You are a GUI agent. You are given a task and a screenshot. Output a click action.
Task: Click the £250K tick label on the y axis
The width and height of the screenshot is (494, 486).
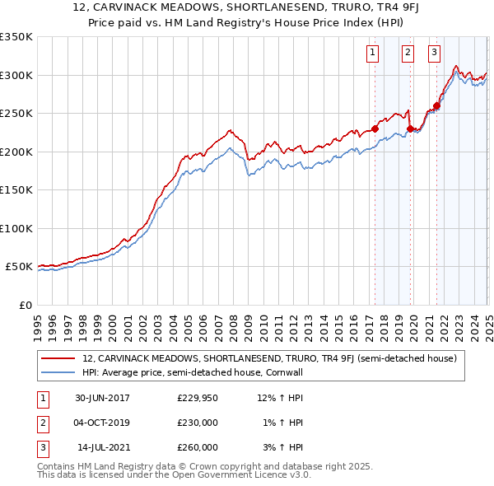[16, 114]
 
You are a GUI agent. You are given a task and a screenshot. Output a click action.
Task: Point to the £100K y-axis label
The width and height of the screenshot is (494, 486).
[16, 228]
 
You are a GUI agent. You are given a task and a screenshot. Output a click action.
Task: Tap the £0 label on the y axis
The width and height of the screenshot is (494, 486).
[25, 305]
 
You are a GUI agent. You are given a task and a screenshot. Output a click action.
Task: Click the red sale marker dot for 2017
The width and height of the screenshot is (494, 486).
[375, 129]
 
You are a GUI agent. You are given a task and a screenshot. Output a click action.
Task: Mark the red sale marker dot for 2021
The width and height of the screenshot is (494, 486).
[437, 105]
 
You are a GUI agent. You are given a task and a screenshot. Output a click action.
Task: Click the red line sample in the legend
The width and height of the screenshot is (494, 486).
[58, 358]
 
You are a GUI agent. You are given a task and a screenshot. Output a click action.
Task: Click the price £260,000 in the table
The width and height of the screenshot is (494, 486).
[198, 447]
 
